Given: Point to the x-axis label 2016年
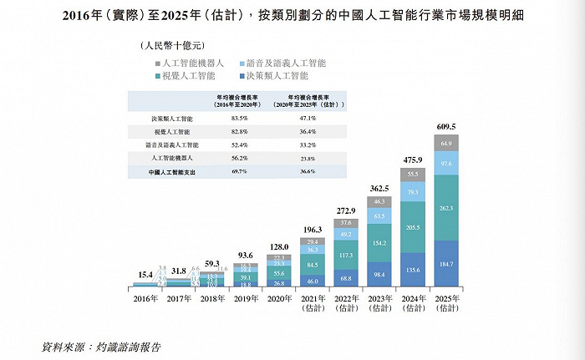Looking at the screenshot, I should (x=145, y=296).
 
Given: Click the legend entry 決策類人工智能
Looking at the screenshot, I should (x=282, y=76).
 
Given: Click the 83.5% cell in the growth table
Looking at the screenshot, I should (x=237, y=119).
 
